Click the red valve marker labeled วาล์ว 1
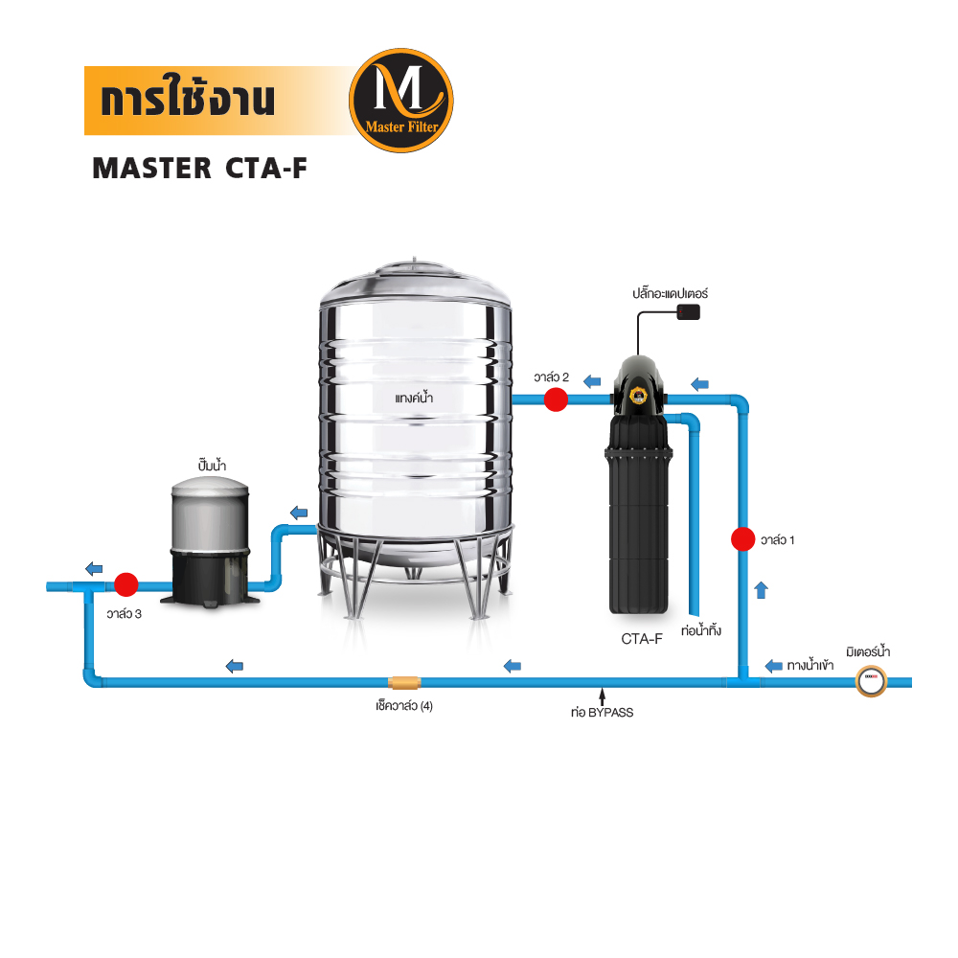pos(742,539)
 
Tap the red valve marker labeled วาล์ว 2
pos(555,399)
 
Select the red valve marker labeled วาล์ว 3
pos(125,583)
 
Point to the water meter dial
pos(871,682)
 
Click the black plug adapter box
pos(688,311)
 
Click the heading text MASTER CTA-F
pos(199,168)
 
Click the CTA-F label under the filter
pos(642,639)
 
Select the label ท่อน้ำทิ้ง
pos(700,632)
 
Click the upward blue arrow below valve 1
pos(762,589)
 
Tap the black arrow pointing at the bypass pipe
pos(601,694)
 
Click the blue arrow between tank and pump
pos(300,513)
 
